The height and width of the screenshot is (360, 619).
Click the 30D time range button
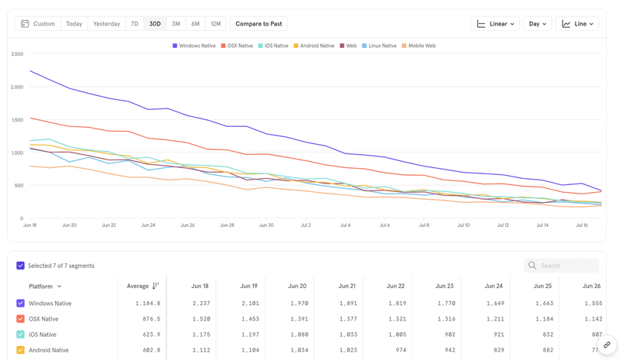point(155,24)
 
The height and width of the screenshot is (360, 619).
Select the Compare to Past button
point(258,24)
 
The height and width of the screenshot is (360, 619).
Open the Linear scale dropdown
point(495,24)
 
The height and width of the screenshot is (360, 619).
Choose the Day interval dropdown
point(537,24)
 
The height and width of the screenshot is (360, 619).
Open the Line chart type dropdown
point(577,24)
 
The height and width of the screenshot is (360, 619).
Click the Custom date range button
point(38,24)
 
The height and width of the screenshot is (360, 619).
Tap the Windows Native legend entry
point(194,46)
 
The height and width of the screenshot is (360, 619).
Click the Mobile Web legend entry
point(419,46)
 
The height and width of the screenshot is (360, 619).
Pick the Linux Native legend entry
point(379,46)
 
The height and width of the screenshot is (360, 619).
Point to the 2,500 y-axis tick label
point(16,54)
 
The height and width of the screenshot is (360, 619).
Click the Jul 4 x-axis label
point(345,225)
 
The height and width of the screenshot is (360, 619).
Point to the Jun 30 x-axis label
point(266,225)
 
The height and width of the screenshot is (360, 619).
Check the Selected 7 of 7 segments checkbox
point(21,266)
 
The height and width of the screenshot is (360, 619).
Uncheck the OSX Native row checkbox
point(21,319)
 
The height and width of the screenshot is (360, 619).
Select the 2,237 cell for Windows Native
point(200,303)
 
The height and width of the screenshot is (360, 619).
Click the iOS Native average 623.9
point(151,334)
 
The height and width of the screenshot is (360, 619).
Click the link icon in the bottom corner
point(607,345)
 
